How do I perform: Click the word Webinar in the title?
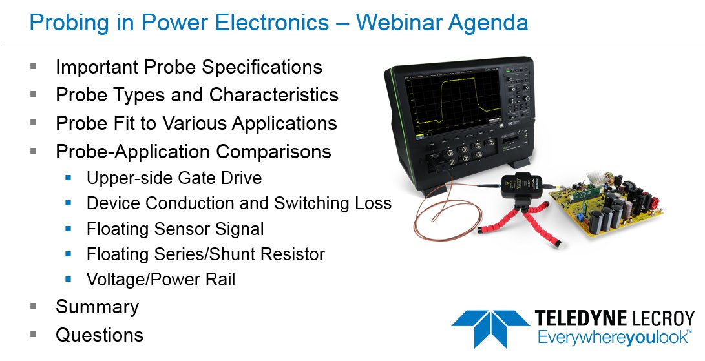(x=394, y=23)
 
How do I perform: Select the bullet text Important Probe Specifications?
(x=189, y=67)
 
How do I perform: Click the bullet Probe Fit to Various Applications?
(x=196, y=123)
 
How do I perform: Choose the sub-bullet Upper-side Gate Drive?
(x=174, y=178)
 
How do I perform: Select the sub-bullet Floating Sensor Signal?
(x=175, y=229)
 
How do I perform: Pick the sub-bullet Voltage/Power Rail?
(x=161, y=280)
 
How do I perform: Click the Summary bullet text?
(x=97, y=307)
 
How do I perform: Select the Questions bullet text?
(x=100, y=335)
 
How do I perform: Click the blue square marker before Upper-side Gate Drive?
(x=69, y=178)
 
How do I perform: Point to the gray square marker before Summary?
(x=34, y=306)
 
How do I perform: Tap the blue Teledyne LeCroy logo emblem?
(x=490, y=327)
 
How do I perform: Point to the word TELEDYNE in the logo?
(x=580, y=318)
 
